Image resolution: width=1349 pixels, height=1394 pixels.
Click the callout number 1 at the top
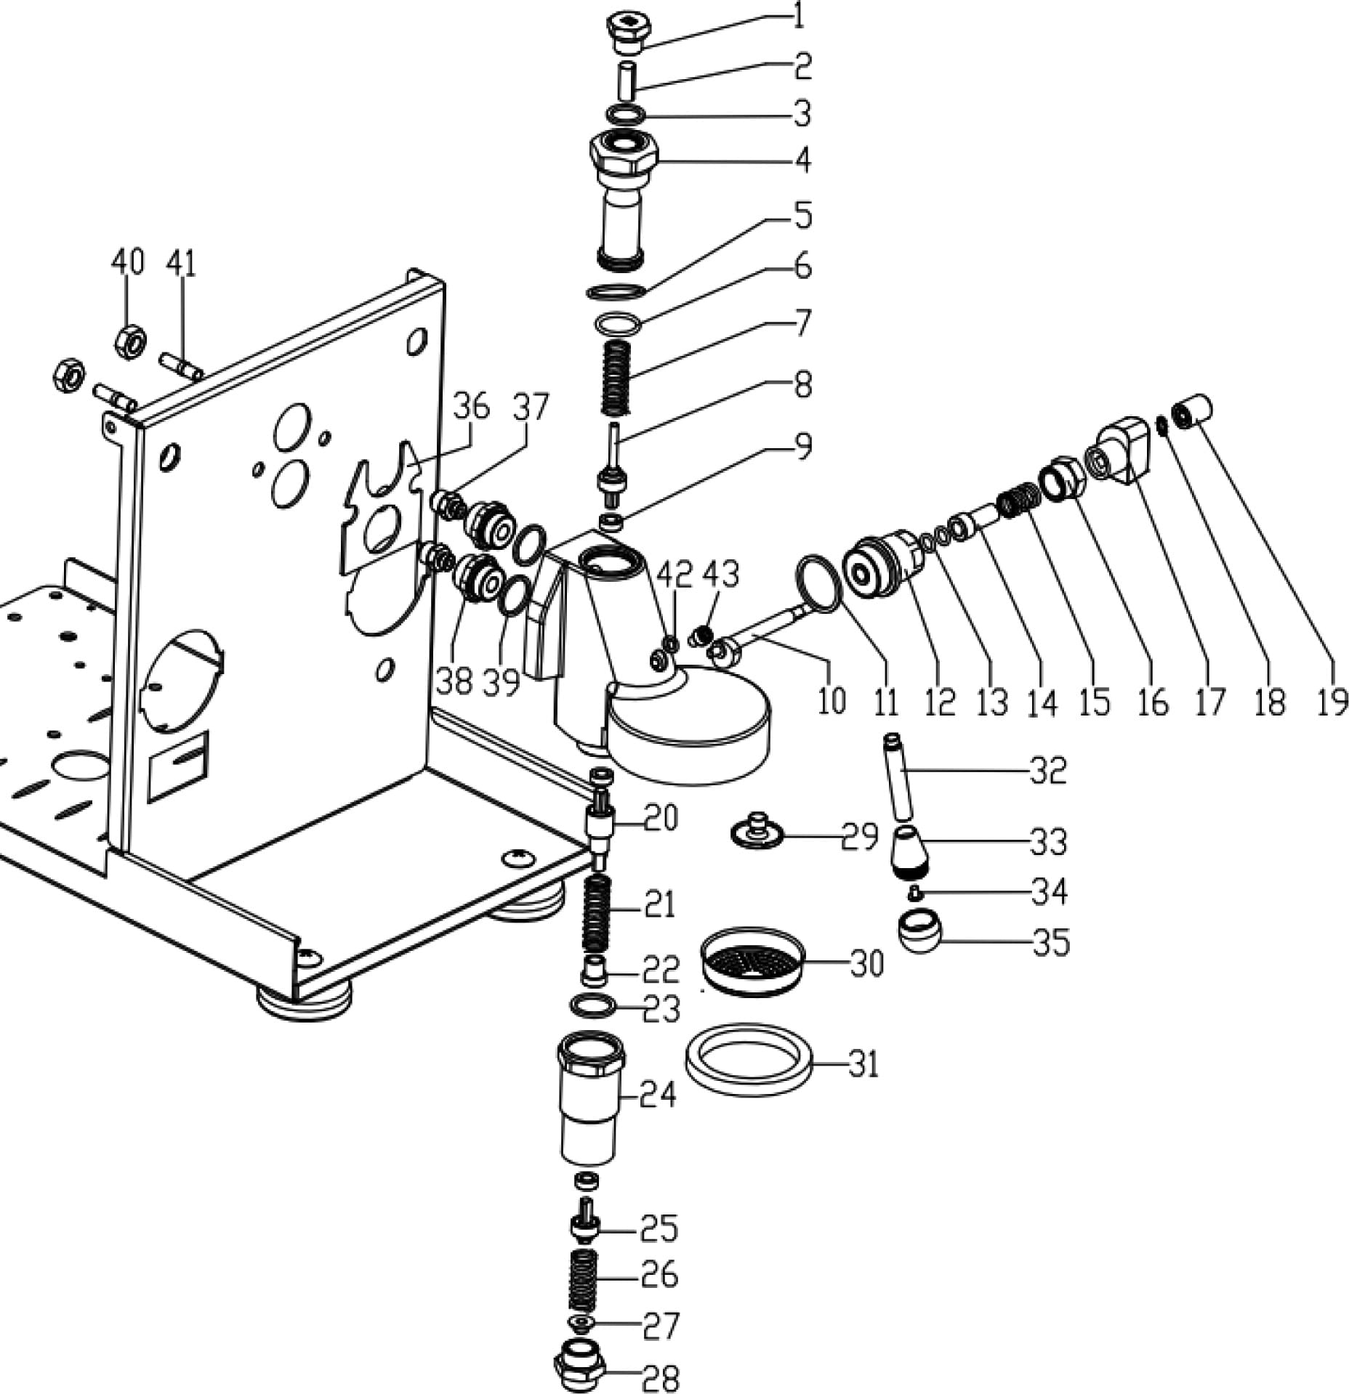pos(798,16)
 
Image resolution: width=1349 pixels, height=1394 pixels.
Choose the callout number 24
pos(658,1093)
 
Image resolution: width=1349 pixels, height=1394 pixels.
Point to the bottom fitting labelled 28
pos(581,1369)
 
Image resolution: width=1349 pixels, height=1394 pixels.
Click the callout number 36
pos(471,407)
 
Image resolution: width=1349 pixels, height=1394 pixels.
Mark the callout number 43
pos(721,574)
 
